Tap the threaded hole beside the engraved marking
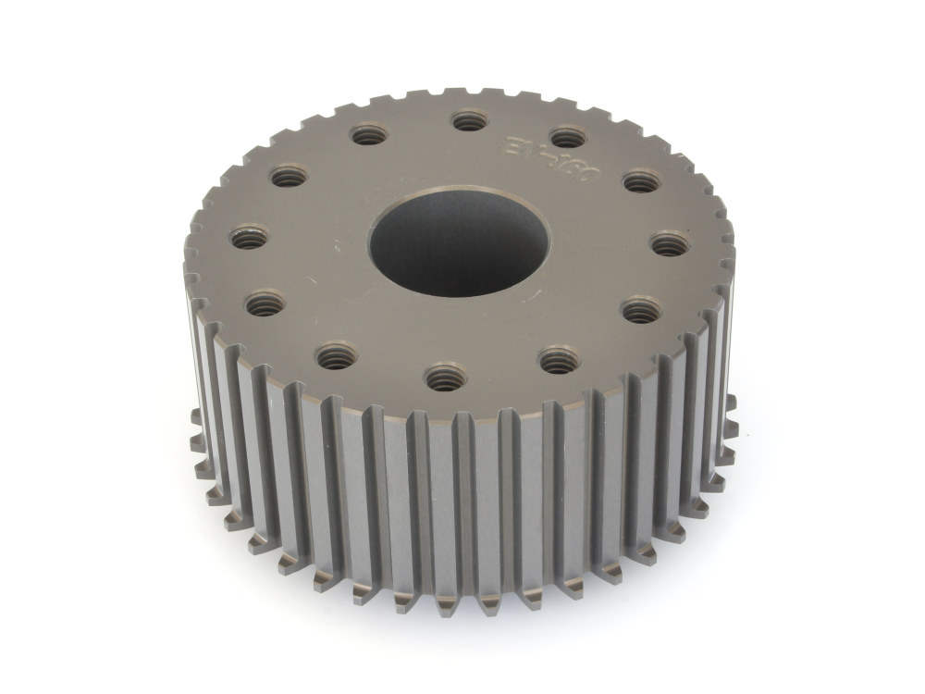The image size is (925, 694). pos(565,137)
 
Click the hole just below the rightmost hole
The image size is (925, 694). pos(635,310)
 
